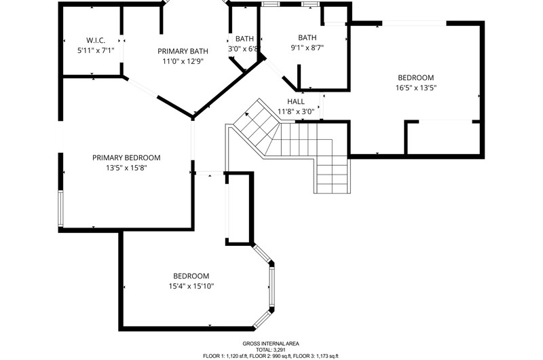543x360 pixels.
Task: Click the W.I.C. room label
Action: [x=96, y=40]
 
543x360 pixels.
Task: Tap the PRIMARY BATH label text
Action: [x=183, y=51]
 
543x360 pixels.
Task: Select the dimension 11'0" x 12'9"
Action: [x=183, y=62]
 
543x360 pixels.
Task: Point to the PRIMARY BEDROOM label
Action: [x=126, y=158]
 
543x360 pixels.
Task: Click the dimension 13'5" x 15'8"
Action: [x=126, y=168]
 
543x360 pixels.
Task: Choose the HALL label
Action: [x=296, y=101]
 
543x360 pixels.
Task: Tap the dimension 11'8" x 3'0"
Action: [x=296, y=111]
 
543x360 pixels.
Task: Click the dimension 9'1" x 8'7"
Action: [x=307, y=48]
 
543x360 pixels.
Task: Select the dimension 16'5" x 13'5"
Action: [x=416, y=88]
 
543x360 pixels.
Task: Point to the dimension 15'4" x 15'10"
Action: [x=191, y=286]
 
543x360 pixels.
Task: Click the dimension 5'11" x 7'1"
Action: [x=96, y=50]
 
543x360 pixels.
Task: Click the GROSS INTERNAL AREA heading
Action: [x=271, y=344]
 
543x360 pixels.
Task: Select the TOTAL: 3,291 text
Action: [x=271, y=350]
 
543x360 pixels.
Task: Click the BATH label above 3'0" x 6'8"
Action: [x=244, y=39]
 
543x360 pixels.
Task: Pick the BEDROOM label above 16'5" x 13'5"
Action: [x=416, y=77]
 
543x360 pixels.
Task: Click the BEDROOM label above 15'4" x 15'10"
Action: [x=191, y=276]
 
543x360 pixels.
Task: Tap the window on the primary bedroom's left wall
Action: [x=60, y=209]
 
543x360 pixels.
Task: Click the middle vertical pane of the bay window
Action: [x=272, y=287]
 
